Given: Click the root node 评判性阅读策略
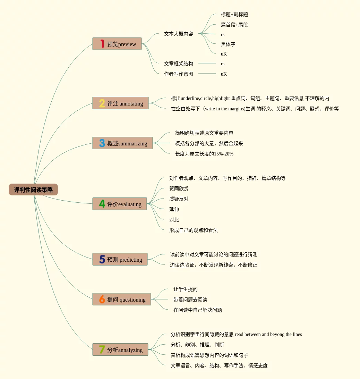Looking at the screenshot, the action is [x=33, y=189].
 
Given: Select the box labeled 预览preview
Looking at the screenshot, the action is [x=117, y=44].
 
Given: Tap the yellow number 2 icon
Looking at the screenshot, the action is [x=102, y=103].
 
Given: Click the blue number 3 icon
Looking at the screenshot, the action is [x=102, y=143].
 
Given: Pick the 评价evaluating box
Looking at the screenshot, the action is [x=119, y=204].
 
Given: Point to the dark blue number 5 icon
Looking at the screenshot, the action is [x=102, y=259].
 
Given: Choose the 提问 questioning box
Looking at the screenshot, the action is [x=121, y=299].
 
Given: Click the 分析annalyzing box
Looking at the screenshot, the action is [x=120, y=349].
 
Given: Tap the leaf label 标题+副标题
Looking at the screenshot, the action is [x=234, y=15].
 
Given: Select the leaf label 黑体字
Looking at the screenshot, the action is [x=228, y=44].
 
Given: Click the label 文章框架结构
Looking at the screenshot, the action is [x=178, y=64].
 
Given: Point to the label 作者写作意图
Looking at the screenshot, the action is [x=178, y=74].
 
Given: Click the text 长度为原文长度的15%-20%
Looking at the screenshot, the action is [x=204, y=154].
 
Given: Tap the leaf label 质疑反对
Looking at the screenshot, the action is [x=179, y=199].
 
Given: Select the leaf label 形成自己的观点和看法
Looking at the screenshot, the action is [x=193, y=230].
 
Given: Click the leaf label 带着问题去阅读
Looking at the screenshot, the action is [x=190, y=300].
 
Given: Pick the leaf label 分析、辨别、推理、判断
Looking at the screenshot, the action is [x=197, y=345].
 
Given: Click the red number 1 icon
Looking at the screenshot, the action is [x=102, y=44].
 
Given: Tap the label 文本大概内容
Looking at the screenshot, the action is [x=178, y=34].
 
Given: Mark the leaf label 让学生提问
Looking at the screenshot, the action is [x=185, y=289].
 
